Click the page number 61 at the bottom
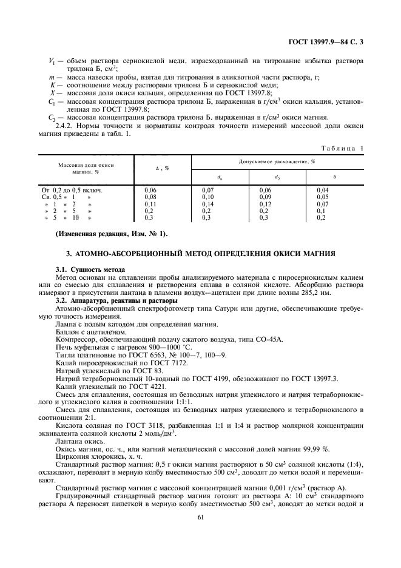(200, 516)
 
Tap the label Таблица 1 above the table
(343, 148)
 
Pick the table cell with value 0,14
(208, 205)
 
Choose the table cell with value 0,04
(322, 191)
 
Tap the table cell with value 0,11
(150, 205)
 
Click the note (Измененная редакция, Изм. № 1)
(111, 234)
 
